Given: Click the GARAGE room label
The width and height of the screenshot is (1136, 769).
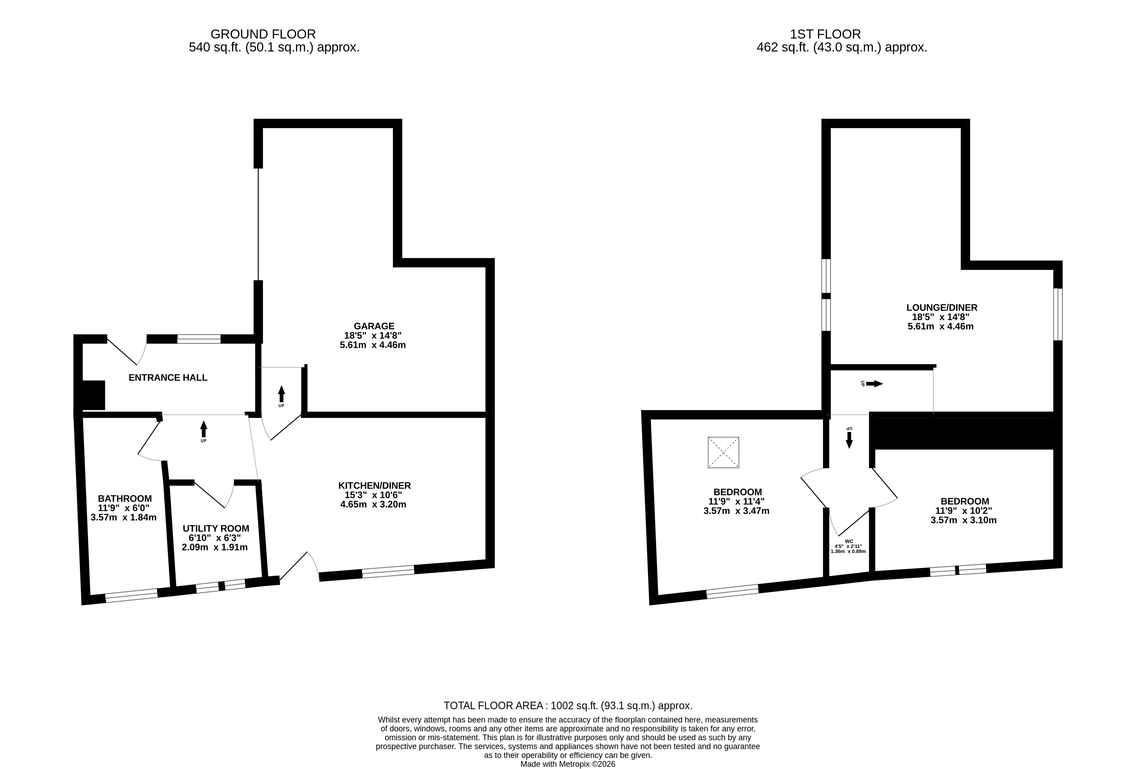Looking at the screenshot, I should coord(374,326).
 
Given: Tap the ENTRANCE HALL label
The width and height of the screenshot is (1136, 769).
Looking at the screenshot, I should coord(168,378).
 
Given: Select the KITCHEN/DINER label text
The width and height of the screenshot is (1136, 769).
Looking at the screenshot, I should coord(374,486).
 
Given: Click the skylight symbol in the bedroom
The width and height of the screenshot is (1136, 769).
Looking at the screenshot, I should coord(723,452).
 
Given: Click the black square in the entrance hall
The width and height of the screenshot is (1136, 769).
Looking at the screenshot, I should coord(94,395).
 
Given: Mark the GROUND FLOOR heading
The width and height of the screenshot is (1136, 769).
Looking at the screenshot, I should coord(263,34).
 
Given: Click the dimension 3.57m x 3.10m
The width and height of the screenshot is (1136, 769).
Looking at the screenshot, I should coord(963,520).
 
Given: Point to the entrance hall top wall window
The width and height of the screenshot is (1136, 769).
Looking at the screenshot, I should coord(199,339).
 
